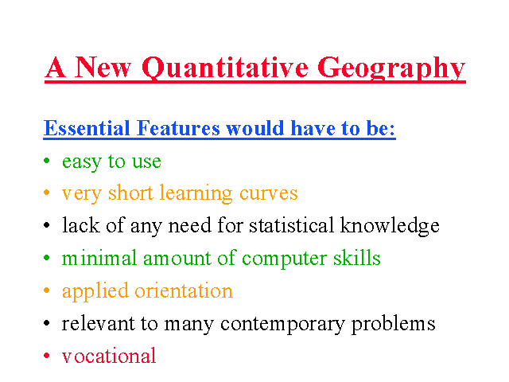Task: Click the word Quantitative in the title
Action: tap(225, 68)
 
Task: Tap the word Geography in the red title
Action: tap(391, 68)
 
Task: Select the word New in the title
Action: tap(103, 67)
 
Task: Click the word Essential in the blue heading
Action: tap(87, 128)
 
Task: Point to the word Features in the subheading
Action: tap(178, 128)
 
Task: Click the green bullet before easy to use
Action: tap(47, 160)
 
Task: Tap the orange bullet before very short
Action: tap(47, 193)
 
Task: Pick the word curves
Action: tap(269, 194)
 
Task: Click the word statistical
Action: tap(291, 224)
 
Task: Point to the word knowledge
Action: tap(390, 226)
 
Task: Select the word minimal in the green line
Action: tap(99, 258)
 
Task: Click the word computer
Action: tap(284, 259)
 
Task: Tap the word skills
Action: tap(357, 258)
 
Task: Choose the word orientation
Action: tap(184, 290)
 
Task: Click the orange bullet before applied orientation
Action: tap(47, 290)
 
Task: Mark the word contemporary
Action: tap(282, 325)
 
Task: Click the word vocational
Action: tap(109, 356)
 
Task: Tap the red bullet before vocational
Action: tap(47, 356)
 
